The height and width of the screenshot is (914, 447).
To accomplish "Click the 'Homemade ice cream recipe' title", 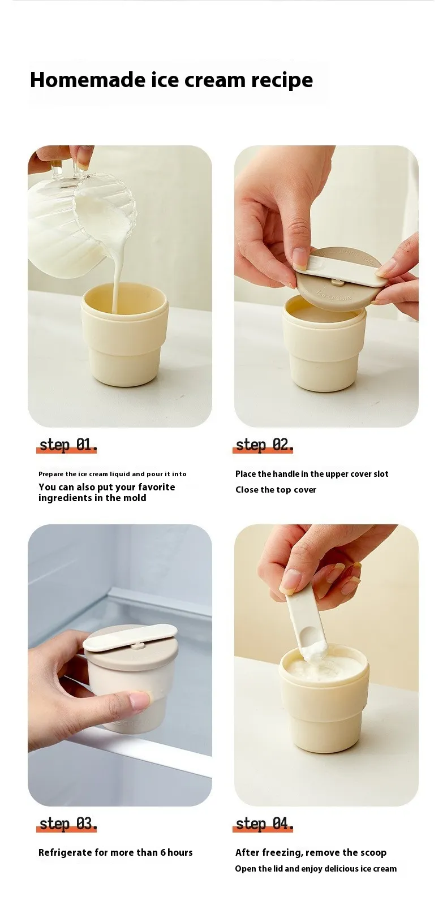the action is (171, 80).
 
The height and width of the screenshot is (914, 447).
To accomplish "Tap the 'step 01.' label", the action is (68, 445).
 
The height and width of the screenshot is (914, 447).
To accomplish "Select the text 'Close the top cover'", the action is (276, 490).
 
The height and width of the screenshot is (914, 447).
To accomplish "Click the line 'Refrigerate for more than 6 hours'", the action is (115, 852).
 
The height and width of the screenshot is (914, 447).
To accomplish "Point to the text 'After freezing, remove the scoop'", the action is (311, 852).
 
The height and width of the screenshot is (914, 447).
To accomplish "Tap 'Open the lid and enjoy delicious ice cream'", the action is (316, 869).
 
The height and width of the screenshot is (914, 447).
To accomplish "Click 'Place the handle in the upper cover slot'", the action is (312, 474).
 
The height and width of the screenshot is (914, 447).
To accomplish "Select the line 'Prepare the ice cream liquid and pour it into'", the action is (112, 474).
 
